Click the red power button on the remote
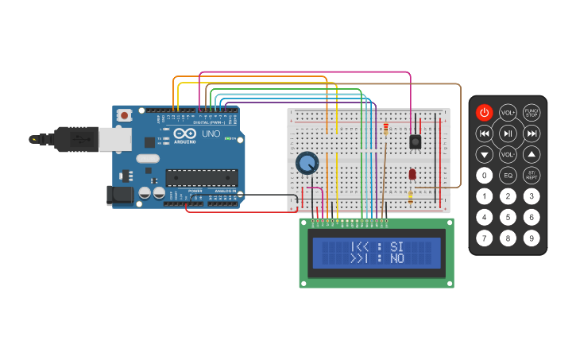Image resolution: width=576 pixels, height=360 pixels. click(x=484, y=113)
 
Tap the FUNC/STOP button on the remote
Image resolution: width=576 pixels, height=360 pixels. click(x=532, y=113)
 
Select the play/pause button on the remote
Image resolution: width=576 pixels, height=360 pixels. click(x=508, y=134)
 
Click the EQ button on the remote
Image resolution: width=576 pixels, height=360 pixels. click(x=508, y=175)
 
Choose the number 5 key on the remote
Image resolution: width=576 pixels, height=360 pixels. click(x=508, y=216)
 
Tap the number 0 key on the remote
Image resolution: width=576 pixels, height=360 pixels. click(x=484, y=175)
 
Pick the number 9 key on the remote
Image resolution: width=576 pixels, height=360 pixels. click(x=532, y=237)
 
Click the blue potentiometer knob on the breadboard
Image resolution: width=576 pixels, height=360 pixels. click(x=307, y=164)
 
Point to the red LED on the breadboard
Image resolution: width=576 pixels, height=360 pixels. click(x=412, y=174)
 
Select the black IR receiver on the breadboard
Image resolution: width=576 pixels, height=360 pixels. click(x=414, y=141)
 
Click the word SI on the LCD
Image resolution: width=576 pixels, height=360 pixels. click(x=397, y=246)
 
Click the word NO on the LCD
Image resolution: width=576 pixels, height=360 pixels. click(x=397, y=259)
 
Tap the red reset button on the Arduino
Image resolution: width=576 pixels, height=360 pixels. click(x=124, y=115)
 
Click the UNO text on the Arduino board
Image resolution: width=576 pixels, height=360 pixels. click(x=211, y=134)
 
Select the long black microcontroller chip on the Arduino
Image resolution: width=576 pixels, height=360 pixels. click(x=201, y=177)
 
